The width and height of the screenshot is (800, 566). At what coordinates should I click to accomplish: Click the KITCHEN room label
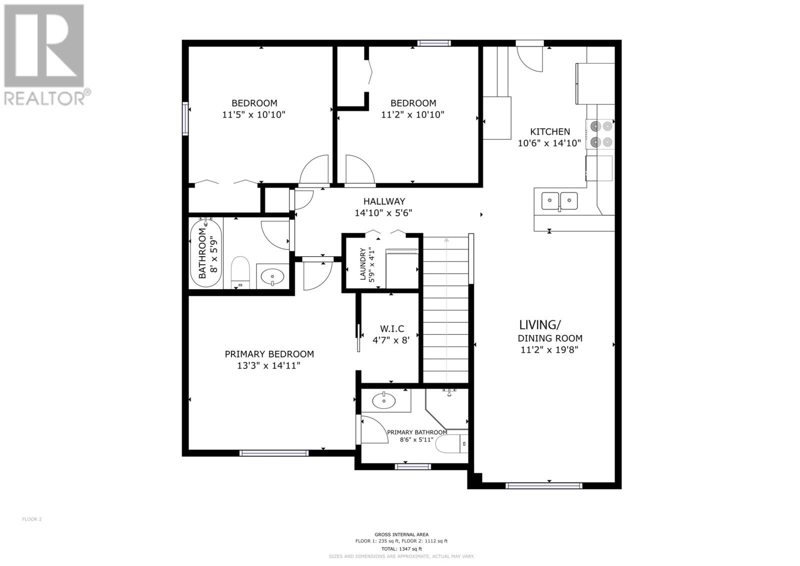click(x=549, y=132)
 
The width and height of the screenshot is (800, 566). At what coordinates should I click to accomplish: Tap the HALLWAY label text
click(x=384, y=201)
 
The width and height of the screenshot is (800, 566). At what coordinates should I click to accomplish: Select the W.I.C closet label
click(x=392, y=329)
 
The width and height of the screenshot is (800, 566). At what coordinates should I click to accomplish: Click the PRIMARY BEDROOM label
click(x=269, y=354)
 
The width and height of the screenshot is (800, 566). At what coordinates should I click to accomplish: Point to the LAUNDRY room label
click(x=363, y=264)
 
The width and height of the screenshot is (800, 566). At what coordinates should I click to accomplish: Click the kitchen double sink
click(x=559, y=201)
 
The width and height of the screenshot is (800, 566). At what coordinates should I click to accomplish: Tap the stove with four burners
click(x=600, y=134)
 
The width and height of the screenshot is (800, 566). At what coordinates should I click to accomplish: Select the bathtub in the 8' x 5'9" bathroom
click(x=205, y=253)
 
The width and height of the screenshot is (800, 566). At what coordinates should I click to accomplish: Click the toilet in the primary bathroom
click(x=453, y=444)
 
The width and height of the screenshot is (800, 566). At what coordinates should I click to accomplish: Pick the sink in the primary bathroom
click(x=384, y=400)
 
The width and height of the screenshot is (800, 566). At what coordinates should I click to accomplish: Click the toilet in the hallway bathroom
click(x=240, y=272)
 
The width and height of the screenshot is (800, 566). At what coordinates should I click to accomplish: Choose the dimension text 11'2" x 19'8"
click(x=549, y=350)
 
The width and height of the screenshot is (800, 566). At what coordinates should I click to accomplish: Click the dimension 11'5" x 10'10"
click(x=253, y=115)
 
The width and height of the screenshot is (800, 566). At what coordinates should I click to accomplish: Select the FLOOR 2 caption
click(x=32, y=519)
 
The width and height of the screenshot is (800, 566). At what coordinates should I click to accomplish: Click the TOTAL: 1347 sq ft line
click(x=401, y=549)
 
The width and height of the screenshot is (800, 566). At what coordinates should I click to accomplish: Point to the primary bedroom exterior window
click(x=274, y=453)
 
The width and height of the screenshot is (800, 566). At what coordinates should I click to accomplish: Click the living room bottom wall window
click(x=544, y=485)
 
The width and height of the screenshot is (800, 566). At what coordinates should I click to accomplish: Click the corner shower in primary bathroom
click(x=446, y=409)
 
